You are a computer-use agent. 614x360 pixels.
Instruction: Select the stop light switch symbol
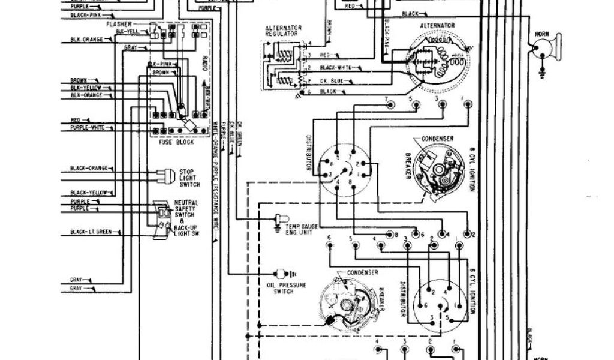point(161,176)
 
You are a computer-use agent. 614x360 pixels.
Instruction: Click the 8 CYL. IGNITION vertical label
point(472,170)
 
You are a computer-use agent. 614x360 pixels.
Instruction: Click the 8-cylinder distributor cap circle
point(340,169)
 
